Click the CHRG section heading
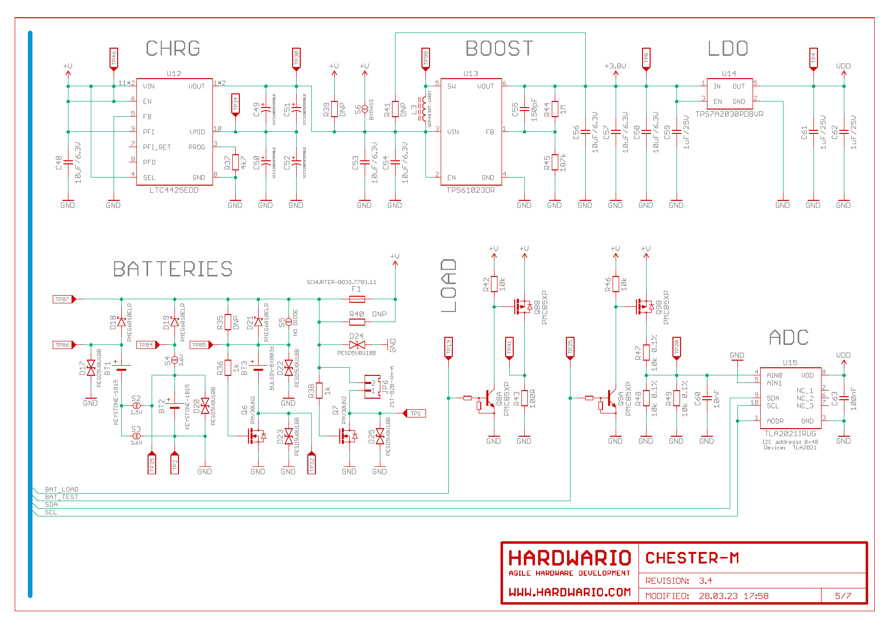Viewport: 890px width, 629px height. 173,49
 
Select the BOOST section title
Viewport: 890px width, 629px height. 500,49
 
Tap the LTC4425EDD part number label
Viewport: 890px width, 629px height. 174,190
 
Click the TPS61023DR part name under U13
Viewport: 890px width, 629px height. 471,190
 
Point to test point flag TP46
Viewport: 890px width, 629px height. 114,58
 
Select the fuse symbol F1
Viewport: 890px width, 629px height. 357,299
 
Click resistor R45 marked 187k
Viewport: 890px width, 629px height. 555,162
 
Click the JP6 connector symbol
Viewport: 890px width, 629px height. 373,387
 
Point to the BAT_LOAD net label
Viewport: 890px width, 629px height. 62,490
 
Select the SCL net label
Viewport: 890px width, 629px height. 51,512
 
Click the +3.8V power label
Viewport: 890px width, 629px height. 615,66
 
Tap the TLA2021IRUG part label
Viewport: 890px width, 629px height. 790,434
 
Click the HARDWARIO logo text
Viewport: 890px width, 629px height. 569,558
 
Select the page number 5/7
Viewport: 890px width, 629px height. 843,596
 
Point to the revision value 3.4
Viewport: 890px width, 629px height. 705,581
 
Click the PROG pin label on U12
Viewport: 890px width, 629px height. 197,147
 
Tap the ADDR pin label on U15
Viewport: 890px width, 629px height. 775,421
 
